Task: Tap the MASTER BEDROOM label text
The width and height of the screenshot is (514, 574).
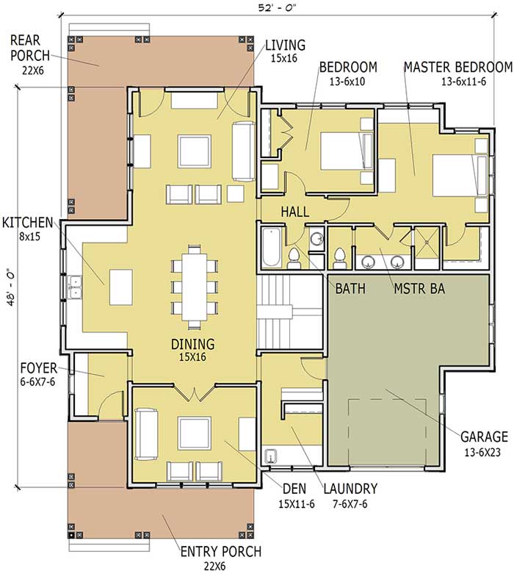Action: click(x=457, y=67)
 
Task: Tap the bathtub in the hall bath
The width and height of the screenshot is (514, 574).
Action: click(x=268, y=248)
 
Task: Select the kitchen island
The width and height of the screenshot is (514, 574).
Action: click(x=120, y=286)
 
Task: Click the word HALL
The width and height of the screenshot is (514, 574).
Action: click(x=294, y=212)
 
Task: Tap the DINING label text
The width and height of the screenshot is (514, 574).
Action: click(x=193, y=344)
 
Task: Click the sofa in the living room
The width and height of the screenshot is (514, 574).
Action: click(x=243, y=151)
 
